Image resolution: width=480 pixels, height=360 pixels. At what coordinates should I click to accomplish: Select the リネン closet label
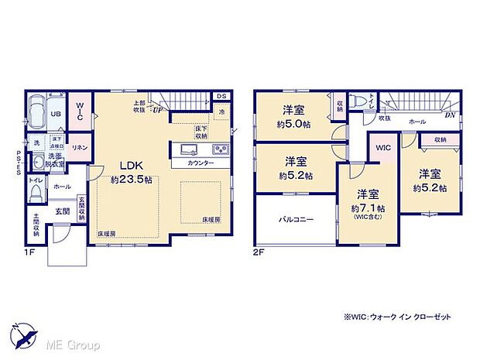pyautogui.click(x=79, y=147)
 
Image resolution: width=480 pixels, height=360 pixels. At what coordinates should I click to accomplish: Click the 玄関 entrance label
pyautogui.click(x=63, y=211)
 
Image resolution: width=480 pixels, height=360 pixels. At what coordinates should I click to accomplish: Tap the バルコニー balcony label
pyautogui.click(x=296, y=220)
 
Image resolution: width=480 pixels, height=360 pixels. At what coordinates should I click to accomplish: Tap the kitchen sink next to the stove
pyautogui.click(x=190, y=149)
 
